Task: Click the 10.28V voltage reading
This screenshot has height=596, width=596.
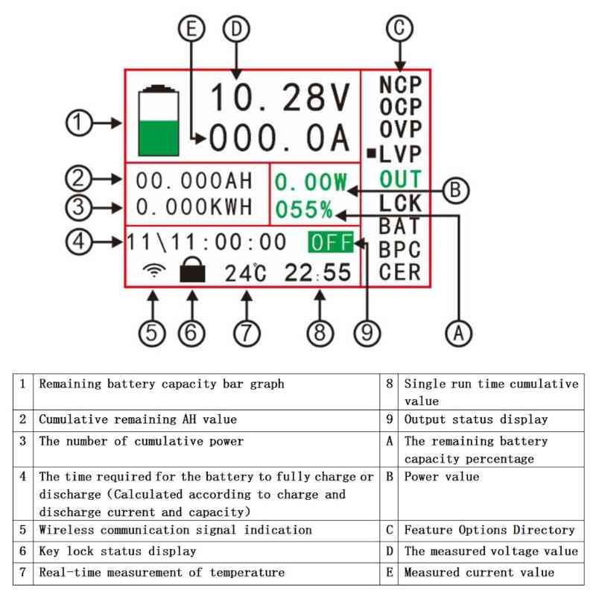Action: tap(279, 98)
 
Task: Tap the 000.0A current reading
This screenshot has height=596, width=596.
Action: tap(279, 139)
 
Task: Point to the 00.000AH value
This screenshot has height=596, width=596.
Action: tap(194, 181)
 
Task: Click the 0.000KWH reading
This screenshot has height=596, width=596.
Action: tap(194, 206)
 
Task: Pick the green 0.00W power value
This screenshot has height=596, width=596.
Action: tap(311, 182)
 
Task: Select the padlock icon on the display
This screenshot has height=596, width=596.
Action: tap(192, 272)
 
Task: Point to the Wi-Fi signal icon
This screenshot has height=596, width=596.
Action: tap(154, 272)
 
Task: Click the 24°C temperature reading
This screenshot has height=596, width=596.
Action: tap(245, 273)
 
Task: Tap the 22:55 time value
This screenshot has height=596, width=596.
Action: tap(317, 273)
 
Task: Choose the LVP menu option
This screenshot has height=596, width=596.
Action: tap(400, 154)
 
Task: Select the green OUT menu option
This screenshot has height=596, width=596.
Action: tap(400, 179)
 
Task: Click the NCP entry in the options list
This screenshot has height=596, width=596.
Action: tap(400, 85)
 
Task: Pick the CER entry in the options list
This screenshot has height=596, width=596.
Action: tap(400, 272)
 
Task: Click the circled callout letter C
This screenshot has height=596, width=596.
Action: tap(399, 28)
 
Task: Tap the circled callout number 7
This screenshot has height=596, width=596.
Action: tap(247, 332)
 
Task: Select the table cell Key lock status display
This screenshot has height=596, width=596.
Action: tap(118, 551)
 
